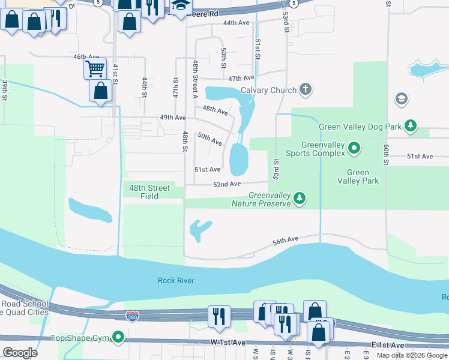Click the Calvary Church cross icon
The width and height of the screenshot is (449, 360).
306,90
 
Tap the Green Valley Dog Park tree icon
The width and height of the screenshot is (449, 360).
411,126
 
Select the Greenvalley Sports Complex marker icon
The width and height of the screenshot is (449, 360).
354,147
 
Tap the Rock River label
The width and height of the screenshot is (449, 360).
176,280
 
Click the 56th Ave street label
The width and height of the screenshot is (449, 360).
285,240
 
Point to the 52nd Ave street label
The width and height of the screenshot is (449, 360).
227,184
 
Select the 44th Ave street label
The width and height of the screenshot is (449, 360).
236,23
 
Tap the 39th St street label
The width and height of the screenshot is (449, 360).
5,89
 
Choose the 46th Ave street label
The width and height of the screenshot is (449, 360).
86,56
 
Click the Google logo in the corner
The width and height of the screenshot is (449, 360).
20,352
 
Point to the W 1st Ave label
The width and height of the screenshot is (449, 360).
228,342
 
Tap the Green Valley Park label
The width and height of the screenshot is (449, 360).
358,176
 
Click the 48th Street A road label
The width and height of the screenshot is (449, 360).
195,74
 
